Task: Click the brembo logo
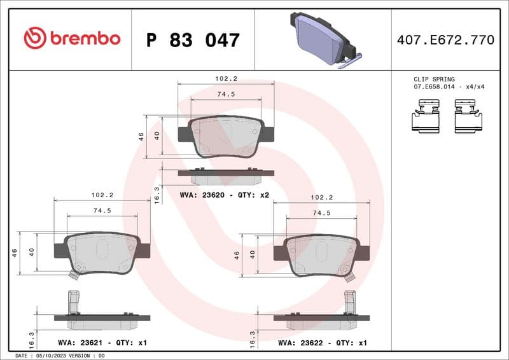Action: pos(71,39)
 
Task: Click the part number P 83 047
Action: pos(193,40)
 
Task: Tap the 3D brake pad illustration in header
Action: pos(323,39)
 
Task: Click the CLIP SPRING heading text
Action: pos(434,80)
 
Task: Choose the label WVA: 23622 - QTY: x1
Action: pos(323,343)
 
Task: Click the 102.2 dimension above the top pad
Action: pos(226,79)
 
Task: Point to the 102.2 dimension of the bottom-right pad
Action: pos(321,198)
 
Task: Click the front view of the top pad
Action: pos(226,137)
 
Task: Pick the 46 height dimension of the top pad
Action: pos(141,135)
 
